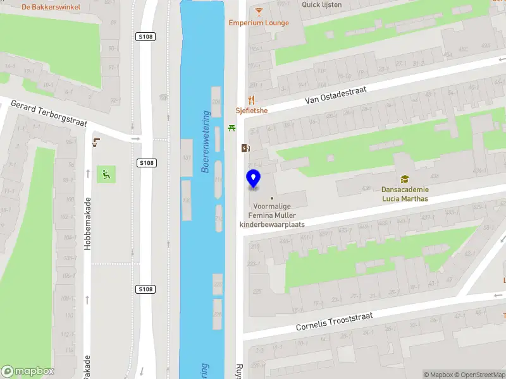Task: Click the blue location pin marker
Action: point(253,179)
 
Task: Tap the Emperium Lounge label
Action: point(259,23)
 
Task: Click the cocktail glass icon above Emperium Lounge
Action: point(259,11)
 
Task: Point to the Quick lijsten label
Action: point(322,5)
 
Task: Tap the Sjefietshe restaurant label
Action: point(252,111)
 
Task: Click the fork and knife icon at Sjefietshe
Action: point(252,99)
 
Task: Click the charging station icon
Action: point(245,148)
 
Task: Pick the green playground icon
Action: point(106,174)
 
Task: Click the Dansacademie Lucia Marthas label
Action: point(405,194)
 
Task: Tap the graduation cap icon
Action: point(404,179)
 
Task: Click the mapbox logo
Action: point(28,371)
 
